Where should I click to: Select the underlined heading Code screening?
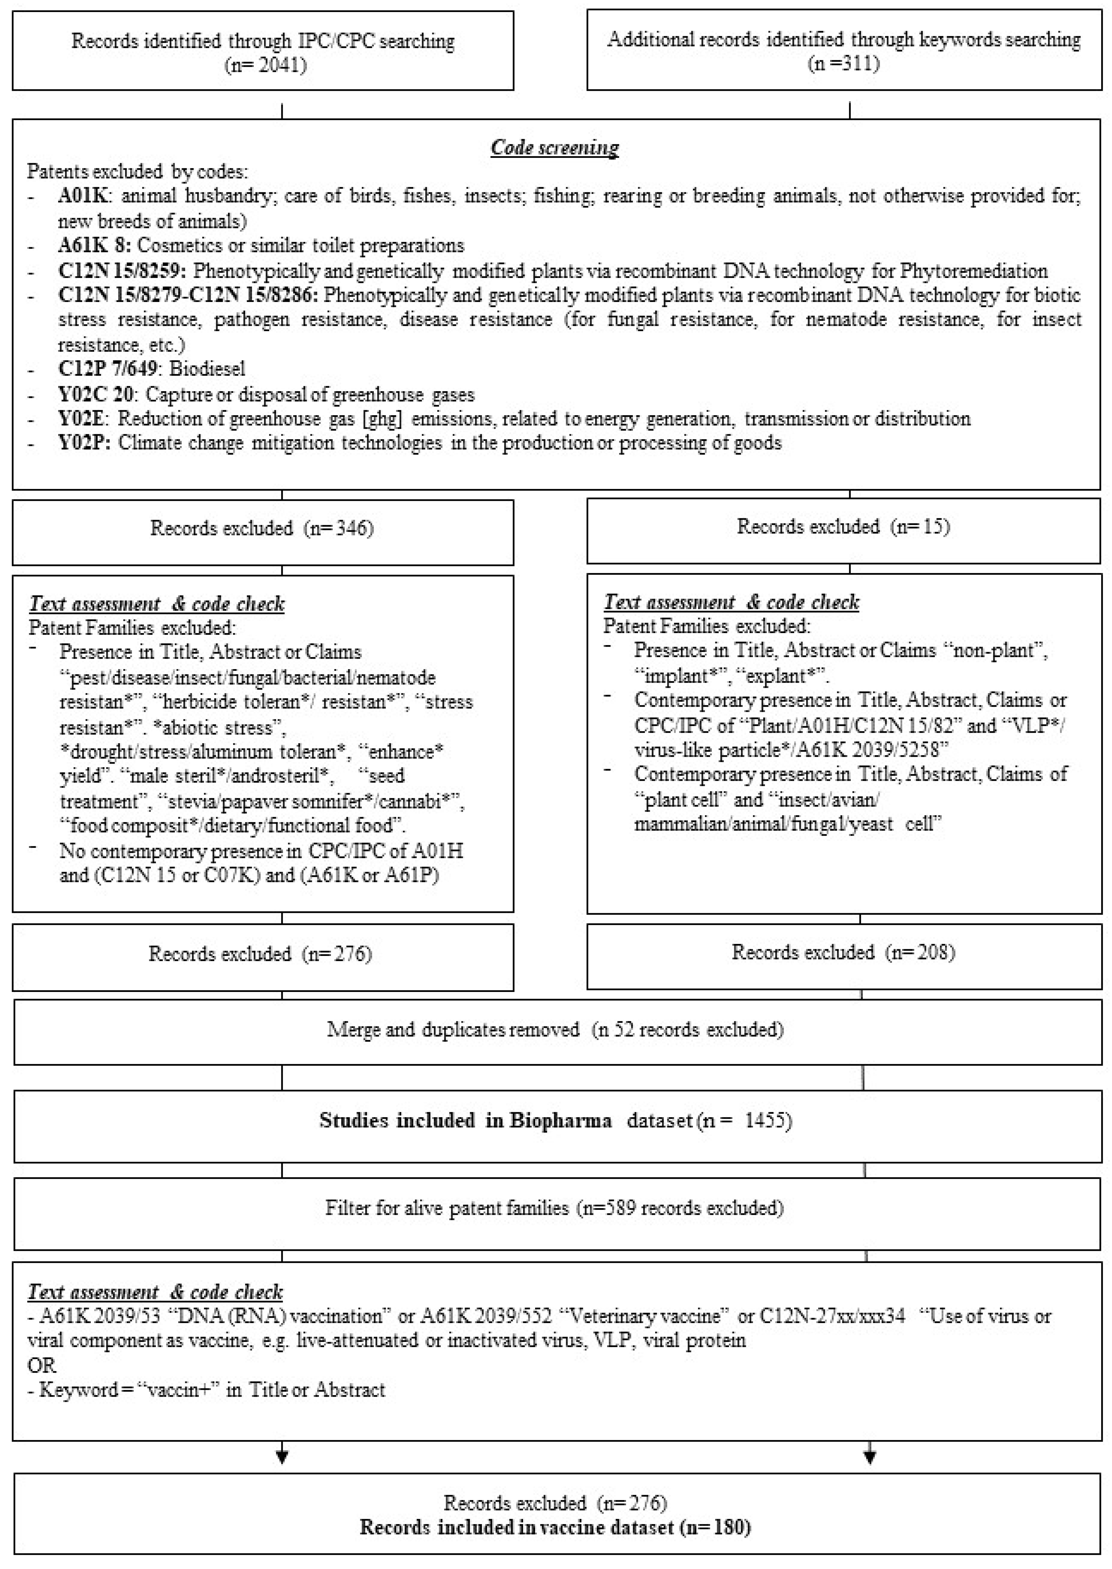coord(555,147)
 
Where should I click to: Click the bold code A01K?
coord(82,197)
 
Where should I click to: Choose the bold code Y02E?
coord(82,419)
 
